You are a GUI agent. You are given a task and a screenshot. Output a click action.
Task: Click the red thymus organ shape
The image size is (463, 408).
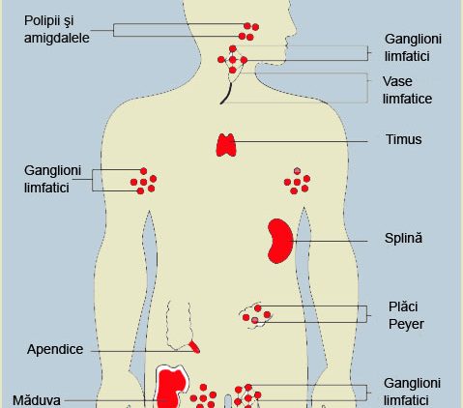[x=226, y=145]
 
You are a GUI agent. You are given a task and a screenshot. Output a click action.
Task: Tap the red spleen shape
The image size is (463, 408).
[x=279, y=241]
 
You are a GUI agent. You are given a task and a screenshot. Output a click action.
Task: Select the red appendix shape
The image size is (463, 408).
[x=194, y=346]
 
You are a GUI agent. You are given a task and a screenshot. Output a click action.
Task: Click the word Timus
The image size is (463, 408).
[x=403, y=139]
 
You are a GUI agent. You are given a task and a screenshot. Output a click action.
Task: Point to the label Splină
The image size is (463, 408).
[x=403, y=238]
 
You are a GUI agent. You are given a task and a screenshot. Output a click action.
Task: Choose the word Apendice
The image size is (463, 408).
[x=55, y=349]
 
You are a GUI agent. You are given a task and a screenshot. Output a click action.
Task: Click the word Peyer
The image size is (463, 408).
[x=406, y=324]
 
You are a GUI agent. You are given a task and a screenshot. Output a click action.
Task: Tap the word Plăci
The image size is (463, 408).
[x=403, y=306]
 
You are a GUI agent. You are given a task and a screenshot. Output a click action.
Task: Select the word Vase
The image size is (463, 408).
[x=397, y=81]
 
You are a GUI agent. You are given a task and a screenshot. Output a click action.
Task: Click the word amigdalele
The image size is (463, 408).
[x=57, y=39]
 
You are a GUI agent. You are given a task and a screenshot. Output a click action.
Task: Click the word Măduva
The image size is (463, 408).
[x=37, y=400]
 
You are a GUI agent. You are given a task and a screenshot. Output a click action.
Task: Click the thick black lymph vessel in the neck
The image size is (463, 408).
[x=227, y=94]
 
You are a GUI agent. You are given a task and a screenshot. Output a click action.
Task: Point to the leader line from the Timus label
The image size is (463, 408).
[x=302, y=141]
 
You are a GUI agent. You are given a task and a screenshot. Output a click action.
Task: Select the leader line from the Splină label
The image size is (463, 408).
[x=330, y=241]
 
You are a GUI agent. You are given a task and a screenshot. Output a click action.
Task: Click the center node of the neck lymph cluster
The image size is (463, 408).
[x=233, y=60]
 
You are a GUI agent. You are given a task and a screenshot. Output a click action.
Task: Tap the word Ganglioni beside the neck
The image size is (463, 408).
[x=413, y=39]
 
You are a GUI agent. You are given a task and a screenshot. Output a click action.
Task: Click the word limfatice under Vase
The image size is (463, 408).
[x=407, y=99]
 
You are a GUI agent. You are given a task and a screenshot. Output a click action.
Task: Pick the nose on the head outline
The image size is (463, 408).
[x=293, y=27]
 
